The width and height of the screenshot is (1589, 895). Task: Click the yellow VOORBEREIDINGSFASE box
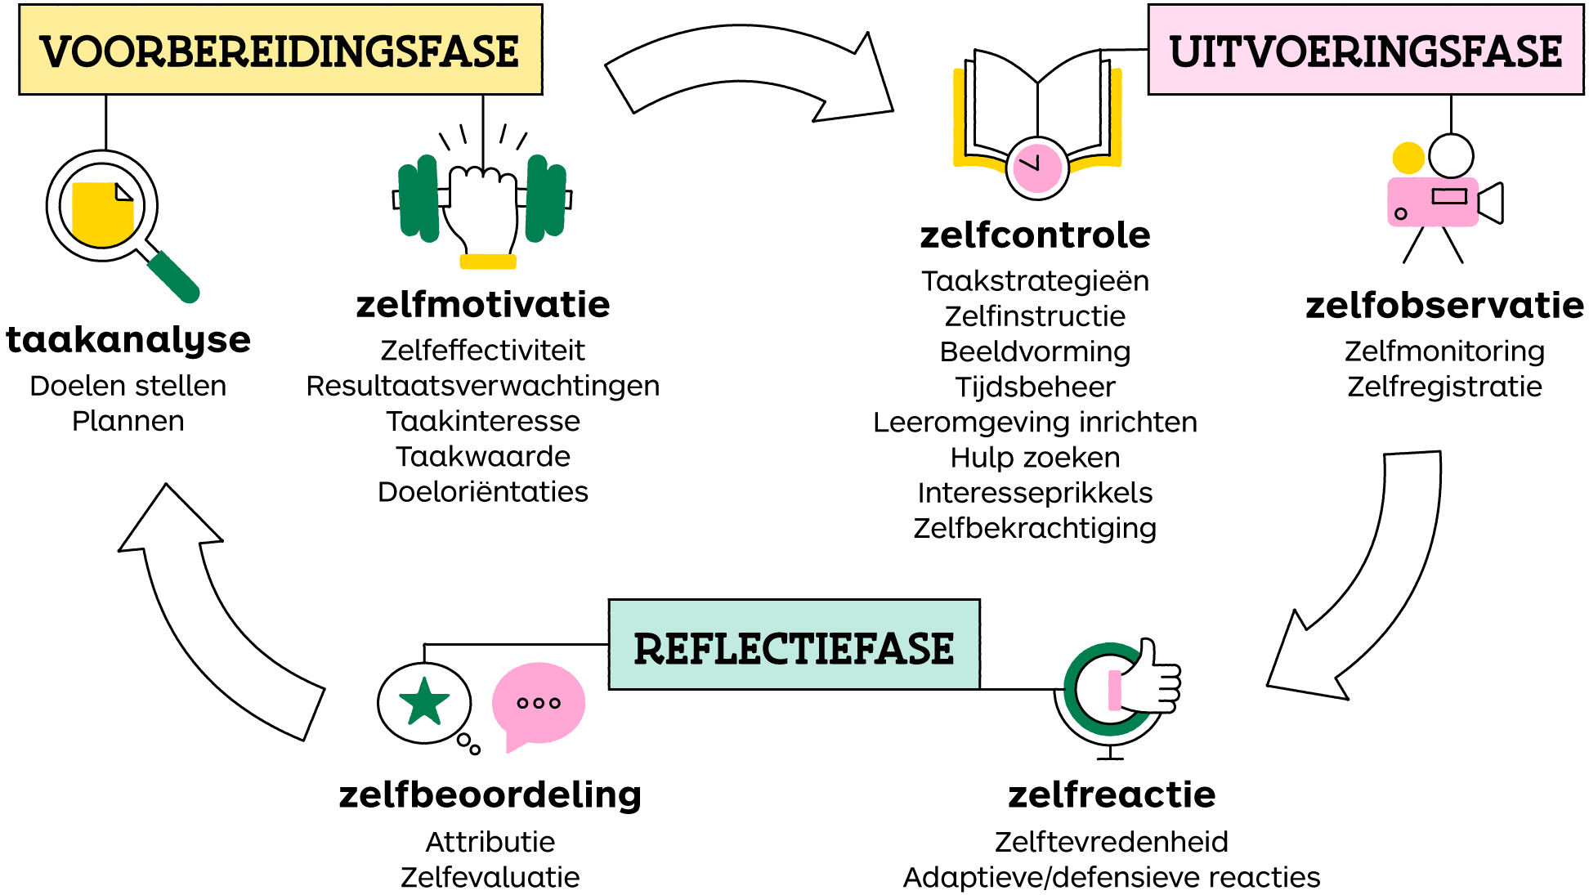tap(280, 50)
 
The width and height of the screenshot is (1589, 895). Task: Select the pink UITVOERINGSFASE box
tap(1365, 50)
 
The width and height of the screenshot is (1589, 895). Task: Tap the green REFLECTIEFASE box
tap(794, 645)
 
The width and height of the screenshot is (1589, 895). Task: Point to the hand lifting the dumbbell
tap(483, 208)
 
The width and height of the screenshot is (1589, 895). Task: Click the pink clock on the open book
tap(1037, 168)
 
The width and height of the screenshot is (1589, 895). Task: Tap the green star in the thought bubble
tap(424, 702)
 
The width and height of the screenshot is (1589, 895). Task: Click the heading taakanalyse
tap(128, 340)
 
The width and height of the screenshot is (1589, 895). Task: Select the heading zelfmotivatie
tap(483, 305)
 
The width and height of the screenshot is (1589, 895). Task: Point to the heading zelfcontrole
tap(1035, 235)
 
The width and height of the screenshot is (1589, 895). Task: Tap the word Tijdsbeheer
tap(1035, 387)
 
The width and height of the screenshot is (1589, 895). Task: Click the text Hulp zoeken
tap(1035, 458)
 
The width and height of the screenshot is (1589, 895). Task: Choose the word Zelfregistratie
tap(1444, 387)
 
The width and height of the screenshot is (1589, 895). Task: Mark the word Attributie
tap(490, 842)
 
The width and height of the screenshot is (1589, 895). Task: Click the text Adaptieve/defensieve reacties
tap(1111, 877)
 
